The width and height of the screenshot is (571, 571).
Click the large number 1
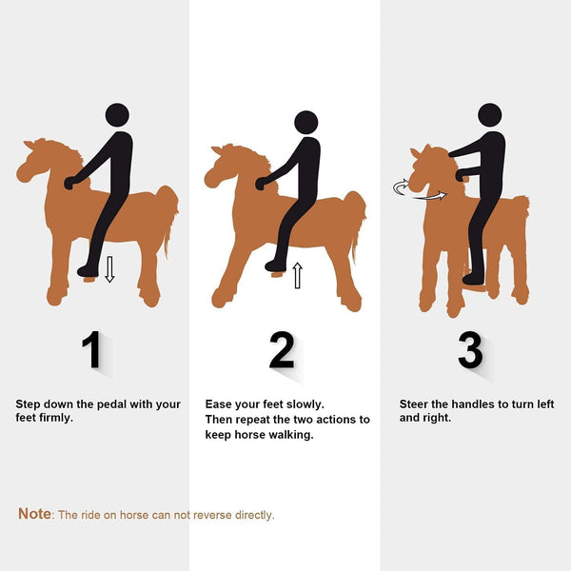(x=92, y=351)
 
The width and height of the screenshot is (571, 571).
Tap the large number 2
(x=282, y=351)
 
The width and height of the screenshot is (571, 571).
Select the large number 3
(x=470, y=351)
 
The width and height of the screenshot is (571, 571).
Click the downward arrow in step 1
(x=109, y=268)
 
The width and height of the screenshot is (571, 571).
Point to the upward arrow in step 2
(x=297, y=276)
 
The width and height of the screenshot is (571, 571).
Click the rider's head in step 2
(x=305, y=122)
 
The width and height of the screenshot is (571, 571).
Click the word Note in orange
(x=35, y=514)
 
